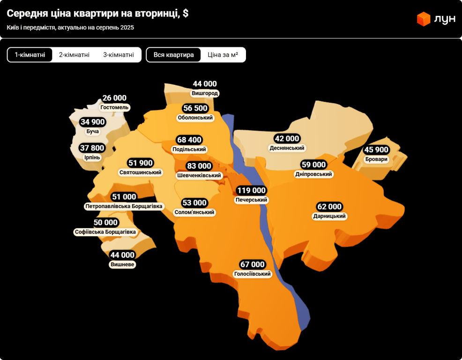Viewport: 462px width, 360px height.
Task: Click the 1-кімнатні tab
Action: point(30,55)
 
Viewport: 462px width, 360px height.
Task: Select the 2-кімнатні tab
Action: point(74,55)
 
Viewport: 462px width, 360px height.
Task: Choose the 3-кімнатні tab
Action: point(119,55)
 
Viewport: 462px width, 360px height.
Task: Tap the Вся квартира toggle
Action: point(173,55)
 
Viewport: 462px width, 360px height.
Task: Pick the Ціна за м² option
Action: point(223,55)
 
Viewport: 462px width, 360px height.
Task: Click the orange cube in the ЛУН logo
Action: point(424,19)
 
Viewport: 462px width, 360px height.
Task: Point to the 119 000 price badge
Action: point(251,190)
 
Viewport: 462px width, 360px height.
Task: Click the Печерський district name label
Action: point(251,200)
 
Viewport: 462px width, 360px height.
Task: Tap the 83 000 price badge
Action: point(199,166)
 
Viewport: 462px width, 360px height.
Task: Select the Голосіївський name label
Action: point(253,274)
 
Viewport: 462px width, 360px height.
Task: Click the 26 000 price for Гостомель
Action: point(114,98)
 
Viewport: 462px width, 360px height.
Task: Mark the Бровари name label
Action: point(377,159)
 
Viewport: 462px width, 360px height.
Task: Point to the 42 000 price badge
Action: point(287,138)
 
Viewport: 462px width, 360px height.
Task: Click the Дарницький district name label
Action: point(329,216)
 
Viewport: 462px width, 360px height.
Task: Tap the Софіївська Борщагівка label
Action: point(105,232)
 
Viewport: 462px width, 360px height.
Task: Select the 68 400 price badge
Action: point(189,140)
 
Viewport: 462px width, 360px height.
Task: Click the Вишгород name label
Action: point(205,93)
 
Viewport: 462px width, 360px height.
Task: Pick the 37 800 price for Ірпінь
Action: point(92,148)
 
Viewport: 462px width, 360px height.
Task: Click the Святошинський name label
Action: point(141,172)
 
